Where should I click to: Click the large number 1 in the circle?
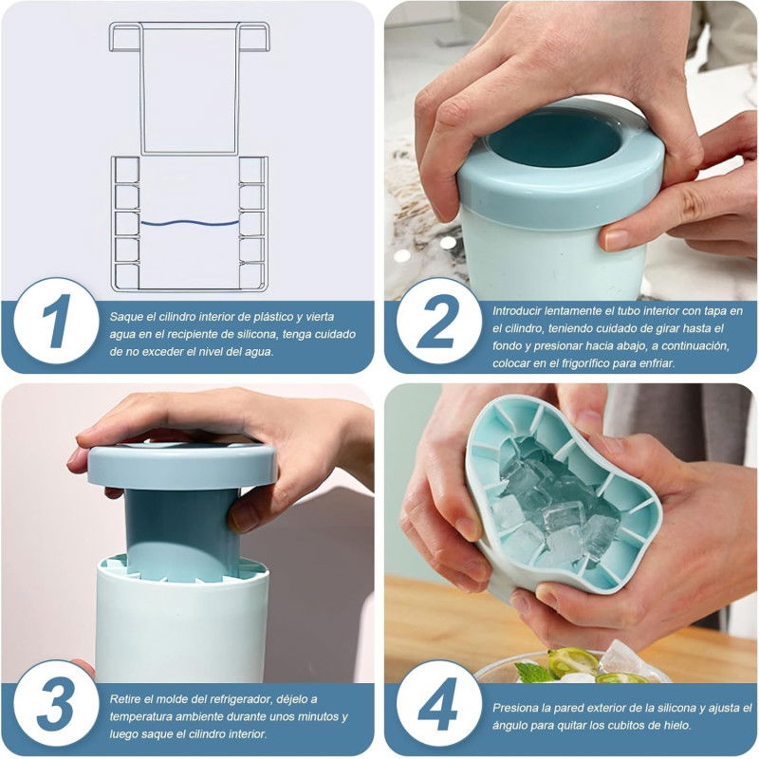pos(57,321)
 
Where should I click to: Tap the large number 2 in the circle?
pos(438,321)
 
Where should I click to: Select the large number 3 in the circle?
pos(55,704)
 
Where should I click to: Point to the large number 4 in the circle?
pos(438,704)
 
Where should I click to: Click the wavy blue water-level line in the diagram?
pos(189,223)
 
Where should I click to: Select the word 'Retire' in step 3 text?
pos(125,699)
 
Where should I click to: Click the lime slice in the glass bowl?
pos(574,661)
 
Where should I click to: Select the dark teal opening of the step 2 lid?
pos(553,139)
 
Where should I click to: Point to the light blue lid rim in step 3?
pos(182,466)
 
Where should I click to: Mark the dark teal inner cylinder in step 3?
pos(182,533)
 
